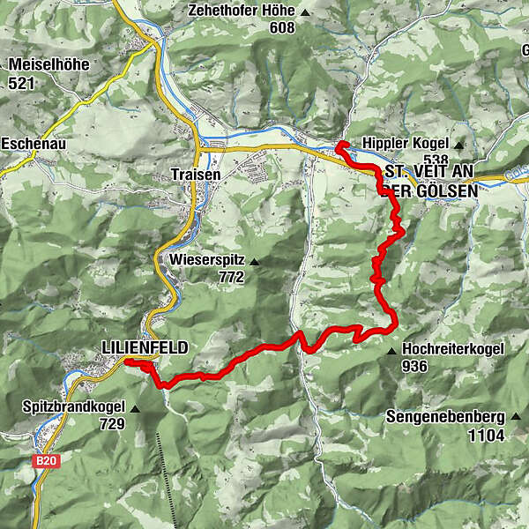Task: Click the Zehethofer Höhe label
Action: (x=240, y=11)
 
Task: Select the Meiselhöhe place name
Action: (x=49, y=64)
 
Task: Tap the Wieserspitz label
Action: (x=204, y=260)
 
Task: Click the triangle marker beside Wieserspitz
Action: (x=254, y=261)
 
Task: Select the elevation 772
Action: (x=231, y=277)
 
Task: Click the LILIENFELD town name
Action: (x=145, y=348)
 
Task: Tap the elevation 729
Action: (x=113, y=424)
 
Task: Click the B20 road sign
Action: (x=45, y=460)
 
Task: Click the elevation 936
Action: (x=415, y=365)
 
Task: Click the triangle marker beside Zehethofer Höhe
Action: (x=305, y=12)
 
